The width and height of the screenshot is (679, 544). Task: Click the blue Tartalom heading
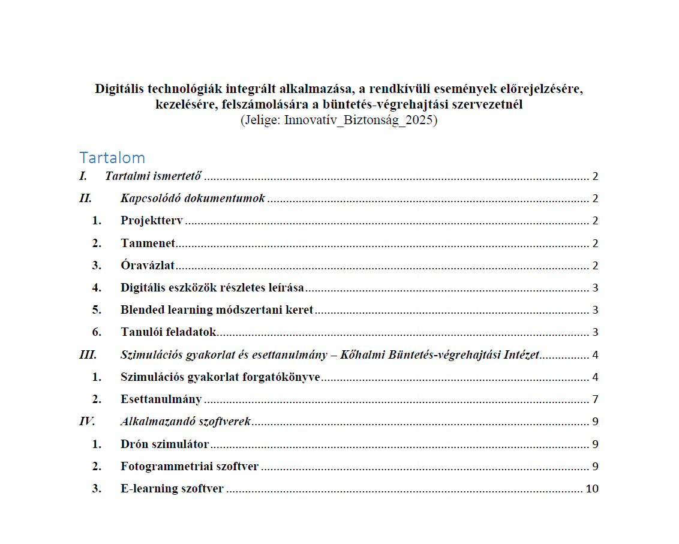point(112,158)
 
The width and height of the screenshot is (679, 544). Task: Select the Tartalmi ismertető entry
point(153,176)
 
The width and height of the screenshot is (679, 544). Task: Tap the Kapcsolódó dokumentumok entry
point(193,199)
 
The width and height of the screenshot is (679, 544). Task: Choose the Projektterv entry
point(151,221)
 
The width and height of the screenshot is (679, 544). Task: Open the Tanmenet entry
point(147,243)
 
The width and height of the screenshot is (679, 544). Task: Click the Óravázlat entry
point(147,265)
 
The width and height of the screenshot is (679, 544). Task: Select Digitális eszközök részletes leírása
point(212,287)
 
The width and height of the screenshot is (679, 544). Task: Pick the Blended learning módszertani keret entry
point(217,309)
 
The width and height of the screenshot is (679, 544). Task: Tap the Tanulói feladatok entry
point(168,332)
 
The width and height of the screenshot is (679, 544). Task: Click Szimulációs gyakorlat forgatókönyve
point(220,377)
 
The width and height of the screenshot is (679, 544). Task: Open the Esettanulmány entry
point(161,399)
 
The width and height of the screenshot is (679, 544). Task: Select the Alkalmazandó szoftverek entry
point(185,421)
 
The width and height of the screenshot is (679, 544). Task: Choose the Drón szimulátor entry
point(164,444)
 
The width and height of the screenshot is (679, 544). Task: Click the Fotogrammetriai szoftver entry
point(189,467)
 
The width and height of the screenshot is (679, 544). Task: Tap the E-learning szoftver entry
point(172,489)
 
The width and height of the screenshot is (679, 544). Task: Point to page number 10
point(591,489)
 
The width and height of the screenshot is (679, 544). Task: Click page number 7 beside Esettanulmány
point(595,399)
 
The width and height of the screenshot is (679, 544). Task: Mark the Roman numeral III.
point(88,354)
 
